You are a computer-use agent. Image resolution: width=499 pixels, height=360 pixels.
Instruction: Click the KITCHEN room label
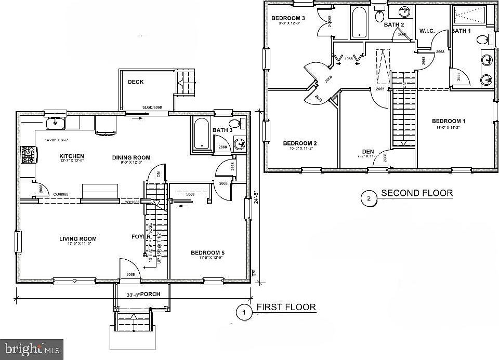72,156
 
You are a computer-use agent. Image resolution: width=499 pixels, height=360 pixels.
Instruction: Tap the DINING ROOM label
132,157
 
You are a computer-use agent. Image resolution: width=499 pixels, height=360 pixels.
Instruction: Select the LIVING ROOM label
77,239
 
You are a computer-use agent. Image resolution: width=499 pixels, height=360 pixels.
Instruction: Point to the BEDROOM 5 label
207,253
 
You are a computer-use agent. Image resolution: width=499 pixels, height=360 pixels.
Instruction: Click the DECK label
136,82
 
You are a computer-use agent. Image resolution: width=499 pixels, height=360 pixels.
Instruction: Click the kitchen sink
55,123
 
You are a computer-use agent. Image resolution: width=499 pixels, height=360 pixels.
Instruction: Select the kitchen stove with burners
27,154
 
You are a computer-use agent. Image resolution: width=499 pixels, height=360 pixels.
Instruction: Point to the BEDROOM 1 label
449,121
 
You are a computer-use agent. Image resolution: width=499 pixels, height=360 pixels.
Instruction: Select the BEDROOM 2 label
300,143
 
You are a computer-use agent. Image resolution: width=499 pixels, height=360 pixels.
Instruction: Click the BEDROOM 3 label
288,19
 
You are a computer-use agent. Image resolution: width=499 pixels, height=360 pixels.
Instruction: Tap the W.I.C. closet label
427,31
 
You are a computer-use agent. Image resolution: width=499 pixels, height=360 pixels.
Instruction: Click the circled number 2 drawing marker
369,197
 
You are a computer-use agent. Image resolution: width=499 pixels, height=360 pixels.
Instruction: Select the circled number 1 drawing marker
242,312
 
